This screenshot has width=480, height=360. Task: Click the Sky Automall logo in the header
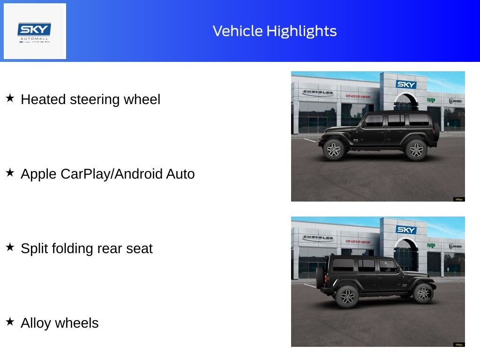point(35,31)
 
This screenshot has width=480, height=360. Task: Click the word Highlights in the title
point(301,31)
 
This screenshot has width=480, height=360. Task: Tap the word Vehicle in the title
point(238,31)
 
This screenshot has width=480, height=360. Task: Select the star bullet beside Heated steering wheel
point(10,98)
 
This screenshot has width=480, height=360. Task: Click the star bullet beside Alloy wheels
point(10,322)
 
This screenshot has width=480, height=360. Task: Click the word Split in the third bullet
point(34,248)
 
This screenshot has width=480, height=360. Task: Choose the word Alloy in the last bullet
point(36,323)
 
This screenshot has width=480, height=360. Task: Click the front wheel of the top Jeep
point(334,150)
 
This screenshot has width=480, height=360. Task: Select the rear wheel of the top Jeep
point(416,150)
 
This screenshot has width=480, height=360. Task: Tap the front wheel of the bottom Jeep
point(423,293)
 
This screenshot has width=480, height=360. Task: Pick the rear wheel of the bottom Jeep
point(347,296)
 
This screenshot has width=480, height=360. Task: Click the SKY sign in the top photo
point(406,84)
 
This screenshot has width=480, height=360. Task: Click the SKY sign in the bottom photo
point(406,230)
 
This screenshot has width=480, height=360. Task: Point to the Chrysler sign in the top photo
point(318,92)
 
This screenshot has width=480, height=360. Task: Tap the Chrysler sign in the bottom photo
point(318,238)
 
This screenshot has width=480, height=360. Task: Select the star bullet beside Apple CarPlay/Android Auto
point(10,173)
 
